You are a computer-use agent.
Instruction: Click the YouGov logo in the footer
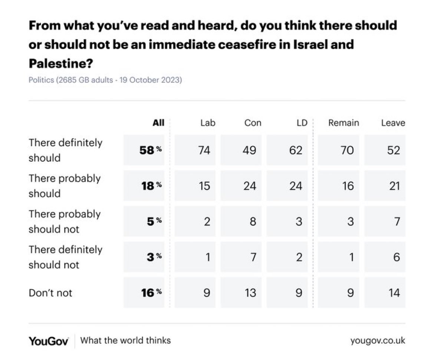click(x=49, y=340)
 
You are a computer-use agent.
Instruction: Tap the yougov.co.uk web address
click(x=378, y=340)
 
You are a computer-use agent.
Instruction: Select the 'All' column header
click(x=158, y=123)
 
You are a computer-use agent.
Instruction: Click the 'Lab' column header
click(x=207, y=123)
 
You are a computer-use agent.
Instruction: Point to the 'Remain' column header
click(x=343, y=123)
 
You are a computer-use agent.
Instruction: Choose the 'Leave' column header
click(x=393, y=123)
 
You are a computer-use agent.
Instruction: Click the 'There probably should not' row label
click(x=65, y=221)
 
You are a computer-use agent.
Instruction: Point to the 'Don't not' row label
click(x=50, y=293)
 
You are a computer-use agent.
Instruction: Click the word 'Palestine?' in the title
click(x=60, y=64)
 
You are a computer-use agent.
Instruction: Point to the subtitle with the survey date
click(x=105, y=80)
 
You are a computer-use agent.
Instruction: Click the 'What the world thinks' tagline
click(x=125, y=340)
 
